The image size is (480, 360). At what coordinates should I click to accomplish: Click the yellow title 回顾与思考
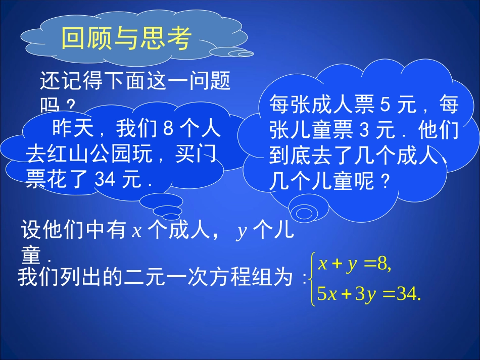(126, 38)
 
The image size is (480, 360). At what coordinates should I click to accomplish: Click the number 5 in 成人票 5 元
(383, 105)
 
